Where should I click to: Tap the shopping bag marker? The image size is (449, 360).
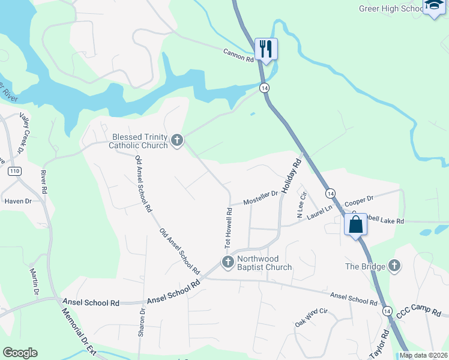[x=355, y=225]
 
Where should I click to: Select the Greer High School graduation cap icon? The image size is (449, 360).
[x=433, y=6]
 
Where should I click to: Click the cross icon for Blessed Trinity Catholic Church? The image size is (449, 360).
[x=176, y=140]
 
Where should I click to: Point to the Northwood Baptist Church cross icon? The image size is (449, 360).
[x=228, y=262]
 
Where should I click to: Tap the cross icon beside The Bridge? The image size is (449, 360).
[x=394, y=266]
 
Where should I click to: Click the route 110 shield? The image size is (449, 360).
[x=15, y=172]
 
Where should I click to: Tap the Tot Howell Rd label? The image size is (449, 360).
[x=228, y=229]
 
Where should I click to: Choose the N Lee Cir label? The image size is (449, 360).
[x=301, y=205]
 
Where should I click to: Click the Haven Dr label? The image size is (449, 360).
[x=17, y=201]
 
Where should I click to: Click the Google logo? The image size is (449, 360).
[x=20, y=353]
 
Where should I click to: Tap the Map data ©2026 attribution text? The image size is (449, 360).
[x=423, y=355]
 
